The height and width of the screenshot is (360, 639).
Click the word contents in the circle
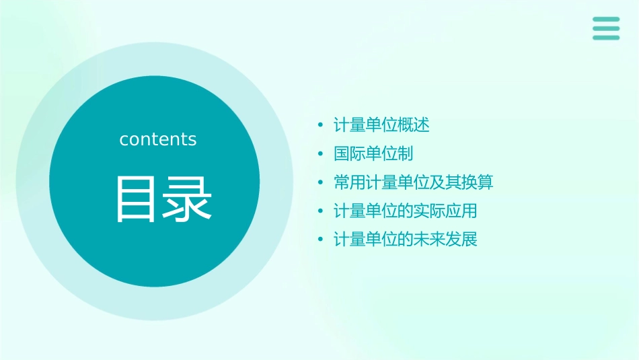(x=158, y=139)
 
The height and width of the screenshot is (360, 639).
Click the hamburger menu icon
(x=606, y=29)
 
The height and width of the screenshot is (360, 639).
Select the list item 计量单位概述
(x=381, y=125)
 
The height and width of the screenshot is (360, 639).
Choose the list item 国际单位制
(x=373, y=154)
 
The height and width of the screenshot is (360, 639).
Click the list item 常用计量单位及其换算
(x=414, y=182)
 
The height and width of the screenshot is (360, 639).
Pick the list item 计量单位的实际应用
(x=406, y=211)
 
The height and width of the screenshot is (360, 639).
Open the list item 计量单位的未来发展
(x=406, y=240)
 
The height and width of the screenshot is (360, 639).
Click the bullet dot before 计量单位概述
(x=321, y=126)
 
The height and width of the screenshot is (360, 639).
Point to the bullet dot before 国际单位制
(x=321, y=154)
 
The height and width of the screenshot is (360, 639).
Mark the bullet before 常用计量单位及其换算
(x=321, y=183)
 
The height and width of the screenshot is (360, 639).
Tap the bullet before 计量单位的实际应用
(x=321, y=211)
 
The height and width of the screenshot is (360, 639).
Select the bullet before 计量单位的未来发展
(x=321, y=240)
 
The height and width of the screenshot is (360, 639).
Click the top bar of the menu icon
(x=606, y=20)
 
